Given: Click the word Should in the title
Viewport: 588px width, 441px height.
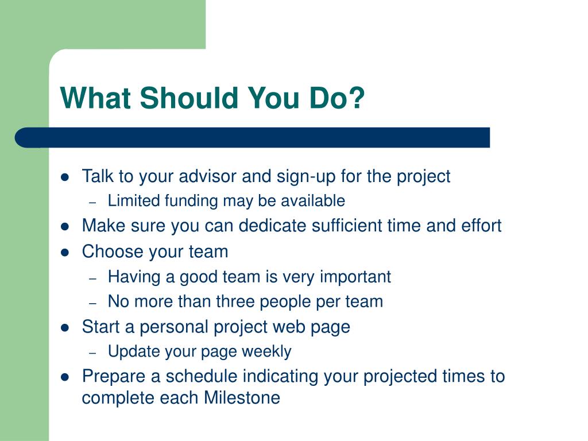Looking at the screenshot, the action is coord(189,98).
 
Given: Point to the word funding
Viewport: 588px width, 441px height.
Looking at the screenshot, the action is coord(191,201).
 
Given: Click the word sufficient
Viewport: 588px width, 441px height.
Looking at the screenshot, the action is coord(346,226).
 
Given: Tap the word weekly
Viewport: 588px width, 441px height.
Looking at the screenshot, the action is coord(266,352).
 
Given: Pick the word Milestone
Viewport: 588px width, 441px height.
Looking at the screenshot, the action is coord(242,398).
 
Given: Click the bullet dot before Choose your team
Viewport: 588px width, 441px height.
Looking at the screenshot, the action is coord(65,252).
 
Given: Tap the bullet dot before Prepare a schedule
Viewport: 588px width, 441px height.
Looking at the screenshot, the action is coord(65,377).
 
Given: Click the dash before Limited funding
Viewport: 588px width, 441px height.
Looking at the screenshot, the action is coord(93,203).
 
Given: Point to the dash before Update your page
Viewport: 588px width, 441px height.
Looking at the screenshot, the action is coord(93,353).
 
